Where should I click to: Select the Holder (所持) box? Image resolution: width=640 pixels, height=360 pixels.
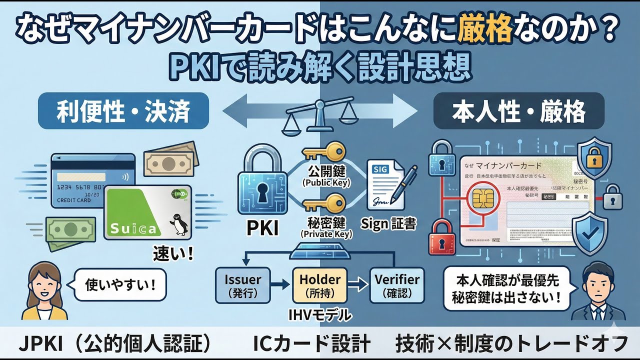[x=320, y=284]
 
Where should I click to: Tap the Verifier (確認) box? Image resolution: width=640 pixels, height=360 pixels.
[x=396, y=284]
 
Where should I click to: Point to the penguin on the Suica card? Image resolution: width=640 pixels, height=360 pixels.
[x=176, y=223]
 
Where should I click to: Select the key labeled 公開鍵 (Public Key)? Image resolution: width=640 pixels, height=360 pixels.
[x=325, y=150]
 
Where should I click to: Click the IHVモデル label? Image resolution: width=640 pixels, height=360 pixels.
[x=320, y=315]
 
